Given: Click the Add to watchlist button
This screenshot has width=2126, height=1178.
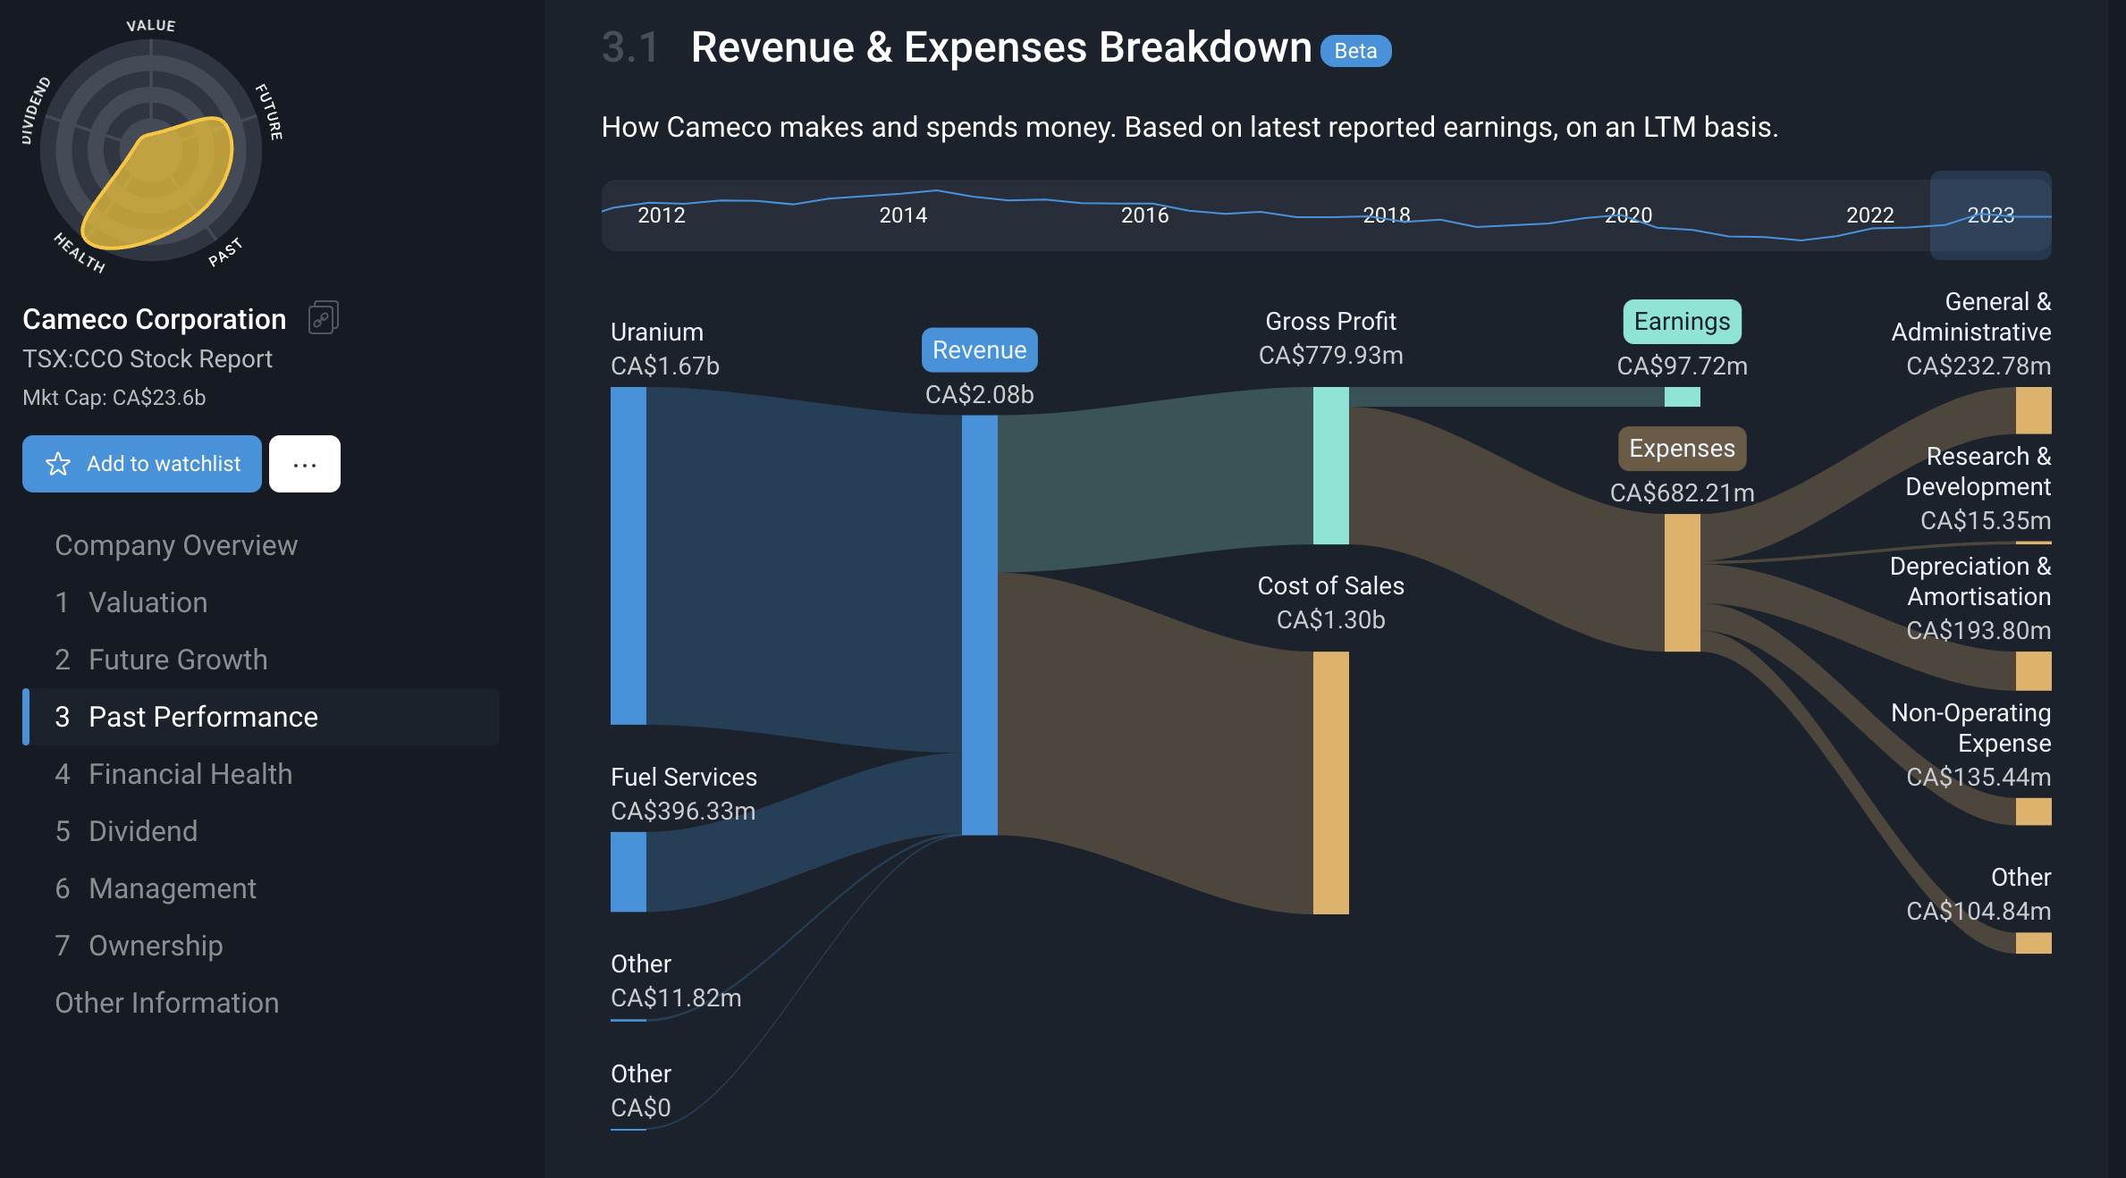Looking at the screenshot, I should [x=142, y=464].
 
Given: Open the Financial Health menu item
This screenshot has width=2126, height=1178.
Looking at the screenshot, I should [x=190, y=774].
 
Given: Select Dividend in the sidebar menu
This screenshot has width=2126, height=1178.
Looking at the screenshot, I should [x=142, y=831].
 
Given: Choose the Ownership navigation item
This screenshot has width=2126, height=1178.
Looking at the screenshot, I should [x=155, y=946].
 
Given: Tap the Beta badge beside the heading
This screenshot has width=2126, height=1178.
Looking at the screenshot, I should [x=1355, y=51].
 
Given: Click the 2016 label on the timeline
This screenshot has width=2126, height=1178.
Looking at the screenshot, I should [x=1144, y=215].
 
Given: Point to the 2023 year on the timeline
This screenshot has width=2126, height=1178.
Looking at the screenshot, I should [x=1990, y=215].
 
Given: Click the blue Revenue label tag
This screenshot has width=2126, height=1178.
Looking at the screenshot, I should [x=979, y=350].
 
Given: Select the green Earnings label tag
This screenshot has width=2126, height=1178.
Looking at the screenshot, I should [x=1682, y=322].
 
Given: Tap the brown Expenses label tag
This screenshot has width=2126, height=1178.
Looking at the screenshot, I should [x=1682, y=449].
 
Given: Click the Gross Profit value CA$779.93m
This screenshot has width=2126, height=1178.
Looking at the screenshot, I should [x=1330, y=356].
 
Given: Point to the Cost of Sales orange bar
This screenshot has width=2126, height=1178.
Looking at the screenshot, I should [x=1330, y=782].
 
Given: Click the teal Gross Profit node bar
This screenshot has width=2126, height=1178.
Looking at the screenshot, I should [x=1330, y=465].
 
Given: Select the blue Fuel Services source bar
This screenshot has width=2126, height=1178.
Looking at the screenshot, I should [x=629, y=871].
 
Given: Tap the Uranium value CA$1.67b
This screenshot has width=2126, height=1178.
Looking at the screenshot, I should [x=664, y=366].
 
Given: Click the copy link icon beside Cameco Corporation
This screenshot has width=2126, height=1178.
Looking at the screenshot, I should [x=323, y=318].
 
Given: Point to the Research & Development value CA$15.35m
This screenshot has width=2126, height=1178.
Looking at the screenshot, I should [x=1985, y=520].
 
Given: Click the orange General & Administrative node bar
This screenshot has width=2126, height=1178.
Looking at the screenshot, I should [x=2033, y=410].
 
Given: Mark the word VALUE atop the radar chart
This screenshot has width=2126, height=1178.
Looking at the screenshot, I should [x=151, y=26].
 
